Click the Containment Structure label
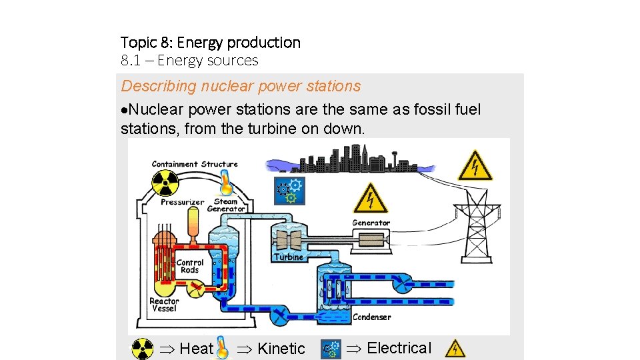pos(195,164)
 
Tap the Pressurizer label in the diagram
pos(182,201)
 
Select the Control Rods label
pos(190,266)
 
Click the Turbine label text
pos(289,257)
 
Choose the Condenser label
pos(371,317)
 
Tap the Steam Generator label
pos(226,205)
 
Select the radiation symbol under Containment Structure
pos(165,182)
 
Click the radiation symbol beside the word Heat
pos(142,349)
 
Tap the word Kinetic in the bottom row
pos(281,349)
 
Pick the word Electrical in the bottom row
pos(399,348)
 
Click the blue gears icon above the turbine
pos(290,191)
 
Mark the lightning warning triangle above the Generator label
pos(370,199)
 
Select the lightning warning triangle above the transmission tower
pos(475,165)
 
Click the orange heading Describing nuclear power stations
pos(241,86)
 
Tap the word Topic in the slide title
pos(137,43)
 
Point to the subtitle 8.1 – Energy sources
pos(189,61)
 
